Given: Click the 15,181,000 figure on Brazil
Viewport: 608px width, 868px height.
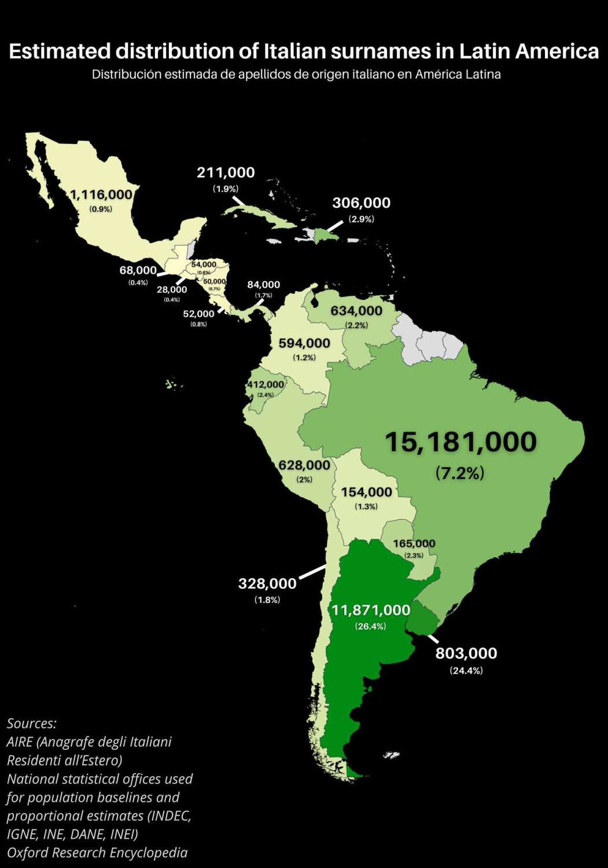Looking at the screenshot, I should pos(460,442).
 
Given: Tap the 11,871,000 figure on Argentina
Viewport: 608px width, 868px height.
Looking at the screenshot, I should pos(371,610).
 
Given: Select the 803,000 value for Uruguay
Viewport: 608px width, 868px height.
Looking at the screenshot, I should pos(466,653).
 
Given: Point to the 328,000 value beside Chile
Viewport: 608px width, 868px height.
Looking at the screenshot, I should pos(267,584).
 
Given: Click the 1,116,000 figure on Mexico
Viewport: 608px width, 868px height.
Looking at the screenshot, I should pos(101,195).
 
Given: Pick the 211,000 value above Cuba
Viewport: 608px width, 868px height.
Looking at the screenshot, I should pos(226,172).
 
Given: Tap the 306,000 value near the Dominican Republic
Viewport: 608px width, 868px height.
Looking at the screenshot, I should pos(361,203).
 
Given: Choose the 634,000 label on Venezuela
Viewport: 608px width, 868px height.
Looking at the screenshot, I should pos(356,311).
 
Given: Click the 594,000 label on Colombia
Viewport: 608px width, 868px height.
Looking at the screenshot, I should pos(304,343).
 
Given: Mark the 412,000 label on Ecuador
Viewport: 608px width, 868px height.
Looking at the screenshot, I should pos(266,384).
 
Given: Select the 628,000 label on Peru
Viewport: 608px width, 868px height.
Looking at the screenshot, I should pos(304,465).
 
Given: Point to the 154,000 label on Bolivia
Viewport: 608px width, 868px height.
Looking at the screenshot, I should pos(366,492).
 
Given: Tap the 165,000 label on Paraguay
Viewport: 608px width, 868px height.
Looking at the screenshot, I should pos(414,543).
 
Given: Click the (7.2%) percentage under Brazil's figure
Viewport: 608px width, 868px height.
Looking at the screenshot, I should pos(460,473).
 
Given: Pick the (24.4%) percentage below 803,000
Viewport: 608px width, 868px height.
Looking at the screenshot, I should pos(466,671).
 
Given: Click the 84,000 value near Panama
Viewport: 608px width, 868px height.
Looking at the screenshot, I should pos(263,285).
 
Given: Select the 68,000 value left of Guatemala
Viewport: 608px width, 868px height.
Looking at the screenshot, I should pos(138,270).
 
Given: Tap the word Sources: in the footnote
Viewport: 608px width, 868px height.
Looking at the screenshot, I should pos(32,723).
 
